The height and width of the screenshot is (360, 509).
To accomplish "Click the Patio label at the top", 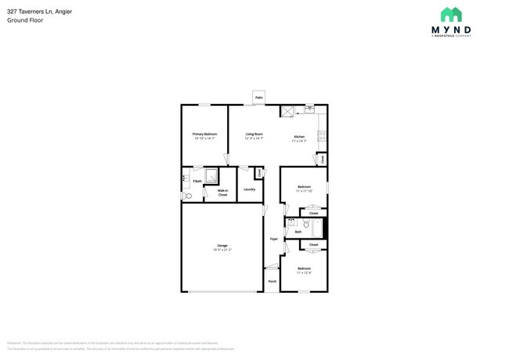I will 258,98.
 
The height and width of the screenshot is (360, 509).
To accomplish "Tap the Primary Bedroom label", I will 204,134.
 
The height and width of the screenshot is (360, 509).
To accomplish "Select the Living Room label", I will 254,134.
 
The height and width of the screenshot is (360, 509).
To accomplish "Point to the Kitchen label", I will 298,137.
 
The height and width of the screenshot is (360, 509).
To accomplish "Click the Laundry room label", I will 250,189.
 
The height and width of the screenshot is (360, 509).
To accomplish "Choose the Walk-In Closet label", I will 222,193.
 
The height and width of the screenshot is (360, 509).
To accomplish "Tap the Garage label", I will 222,246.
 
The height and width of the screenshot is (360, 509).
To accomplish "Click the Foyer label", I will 274,239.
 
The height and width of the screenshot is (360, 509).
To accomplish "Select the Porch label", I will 273,281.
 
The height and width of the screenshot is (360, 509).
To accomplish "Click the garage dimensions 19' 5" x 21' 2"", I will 222,250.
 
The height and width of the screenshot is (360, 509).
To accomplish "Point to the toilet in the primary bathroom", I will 185,196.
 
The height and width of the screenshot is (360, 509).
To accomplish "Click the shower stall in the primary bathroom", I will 211,176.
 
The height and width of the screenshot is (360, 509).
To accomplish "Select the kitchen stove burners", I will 322,136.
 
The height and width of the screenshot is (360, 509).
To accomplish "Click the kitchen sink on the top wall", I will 309,110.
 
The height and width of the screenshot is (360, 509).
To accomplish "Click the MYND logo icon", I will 450,14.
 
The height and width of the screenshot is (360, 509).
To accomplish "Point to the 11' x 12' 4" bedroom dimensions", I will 305,272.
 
